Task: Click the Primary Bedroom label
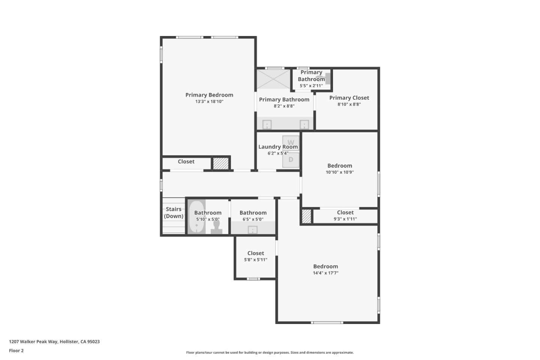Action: [x=209, y=95]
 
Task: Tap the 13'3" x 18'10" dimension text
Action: [x=209, y=102]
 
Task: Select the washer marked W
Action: [x=291, y=143]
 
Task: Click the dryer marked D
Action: [x=291, y=160]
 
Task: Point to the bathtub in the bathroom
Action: [x=196, y=217]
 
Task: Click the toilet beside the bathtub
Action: [x=216, y=227]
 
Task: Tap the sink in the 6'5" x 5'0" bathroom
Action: [x=253, y=229]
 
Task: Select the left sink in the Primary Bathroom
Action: [x=267, y=124]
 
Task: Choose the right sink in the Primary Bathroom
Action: [x=304, y=124]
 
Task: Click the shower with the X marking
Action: [x=273, y=79]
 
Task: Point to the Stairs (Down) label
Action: [x=174, y=213]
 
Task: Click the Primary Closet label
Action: [x=349, y=98]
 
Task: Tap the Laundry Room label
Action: [x=278, y=147]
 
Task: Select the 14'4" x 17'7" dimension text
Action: [x=325, y=273]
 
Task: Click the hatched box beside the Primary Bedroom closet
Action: [x=221, y=163]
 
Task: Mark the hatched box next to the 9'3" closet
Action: [x=306, y=216]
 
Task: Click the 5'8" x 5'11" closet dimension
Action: [x=256, y=260]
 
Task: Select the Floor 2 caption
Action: [x=16, y=351]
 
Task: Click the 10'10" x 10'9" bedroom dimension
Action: [x=340, y=172]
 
